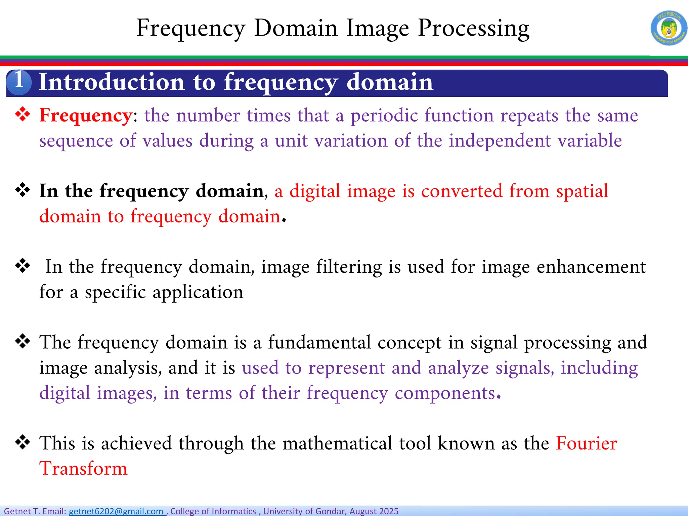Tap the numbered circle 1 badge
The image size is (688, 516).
pos(19,82)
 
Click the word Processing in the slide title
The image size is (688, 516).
pos(474,29)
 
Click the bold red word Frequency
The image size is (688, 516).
pos(86,116)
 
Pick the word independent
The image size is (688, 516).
pos(500,141)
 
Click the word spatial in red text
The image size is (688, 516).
pos(582,191)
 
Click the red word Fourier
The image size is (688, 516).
pos(586,443)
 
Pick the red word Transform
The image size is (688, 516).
pos(83,469)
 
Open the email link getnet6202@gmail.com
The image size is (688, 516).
pos(116,511)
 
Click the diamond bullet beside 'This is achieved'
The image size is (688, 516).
pos(23,442)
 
